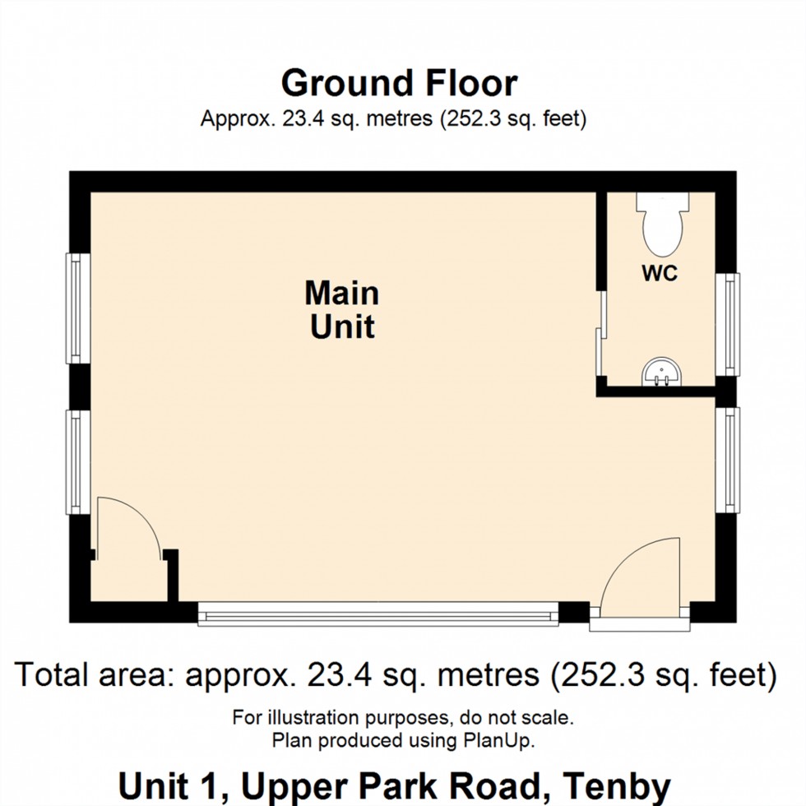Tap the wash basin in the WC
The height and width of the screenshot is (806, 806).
pyautogui.click(x=661, y=373)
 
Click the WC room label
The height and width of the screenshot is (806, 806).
pyautogui.click(x=660, y=274)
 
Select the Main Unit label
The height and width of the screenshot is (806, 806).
pyautogui.click(x=342, y=310)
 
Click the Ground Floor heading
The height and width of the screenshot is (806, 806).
pyautogui.click(x=400, y=83)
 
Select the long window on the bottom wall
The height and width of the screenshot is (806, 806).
pyautogui.click(x=378, y=613)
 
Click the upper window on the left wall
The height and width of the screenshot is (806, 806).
pyautogui.click(x=77, y=308)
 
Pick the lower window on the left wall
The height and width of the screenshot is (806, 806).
pyautogui.click(x=77, y=462)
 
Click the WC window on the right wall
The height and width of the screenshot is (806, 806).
pyautogui.click(x=727, y=324)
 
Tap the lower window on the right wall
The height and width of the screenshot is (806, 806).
pyautogui.click(x=727, y=459)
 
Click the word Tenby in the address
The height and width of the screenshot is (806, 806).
pyautogui.click(x=626, y=786)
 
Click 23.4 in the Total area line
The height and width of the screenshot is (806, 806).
pyautogui.click(x=336, y=675)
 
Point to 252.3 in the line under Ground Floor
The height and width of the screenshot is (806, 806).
pyautogui.click(x=470, y=119)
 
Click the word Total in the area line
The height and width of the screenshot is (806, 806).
pyautogui.click(x=53, y=675)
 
